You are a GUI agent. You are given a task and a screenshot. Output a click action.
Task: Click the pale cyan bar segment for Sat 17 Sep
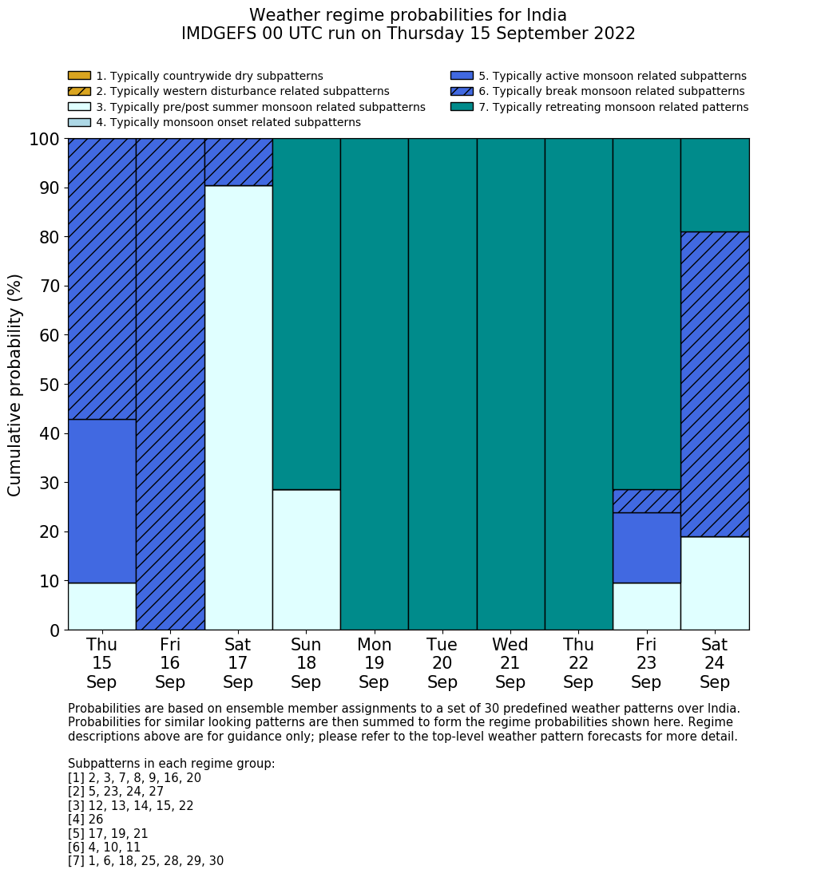tap(238, 407)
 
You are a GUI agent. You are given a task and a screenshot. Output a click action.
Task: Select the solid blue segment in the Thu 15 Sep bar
tap(101, 500)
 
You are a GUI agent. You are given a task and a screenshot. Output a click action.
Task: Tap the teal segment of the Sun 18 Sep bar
tap(306, 314)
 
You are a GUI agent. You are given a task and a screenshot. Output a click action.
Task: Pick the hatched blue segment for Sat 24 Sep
tap(715, 384)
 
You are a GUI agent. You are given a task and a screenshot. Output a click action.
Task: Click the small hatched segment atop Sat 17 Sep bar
tap(238, 162)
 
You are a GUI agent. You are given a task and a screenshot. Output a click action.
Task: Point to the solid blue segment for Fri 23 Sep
tap(646, 547)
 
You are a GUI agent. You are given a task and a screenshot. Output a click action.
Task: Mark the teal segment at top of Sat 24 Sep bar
tap(715, 185)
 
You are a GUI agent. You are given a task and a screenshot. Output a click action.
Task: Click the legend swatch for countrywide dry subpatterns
tap(79, 76)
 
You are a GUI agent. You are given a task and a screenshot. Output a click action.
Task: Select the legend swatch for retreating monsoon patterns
tap(462, 107)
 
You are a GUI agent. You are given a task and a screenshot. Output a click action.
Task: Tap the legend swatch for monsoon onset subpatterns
tap(79, 122)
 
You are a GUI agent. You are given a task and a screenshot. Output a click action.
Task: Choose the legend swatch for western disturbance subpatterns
tap(79, 91)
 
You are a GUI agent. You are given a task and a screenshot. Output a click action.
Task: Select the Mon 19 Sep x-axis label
tap(374, 663)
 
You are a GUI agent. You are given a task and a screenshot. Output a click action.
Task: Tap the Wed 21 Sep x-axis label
tap(510, 663)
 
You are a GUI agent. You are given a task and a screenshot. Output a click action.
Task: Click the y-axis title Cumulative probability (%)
tap(15, 385)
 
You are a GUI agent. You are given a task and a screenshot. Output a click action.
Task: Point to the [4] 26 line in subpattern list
tap(85, 820)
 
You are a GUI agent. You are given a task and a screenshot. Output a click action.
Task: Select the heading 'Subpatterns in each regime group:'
tap(171, 764)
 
